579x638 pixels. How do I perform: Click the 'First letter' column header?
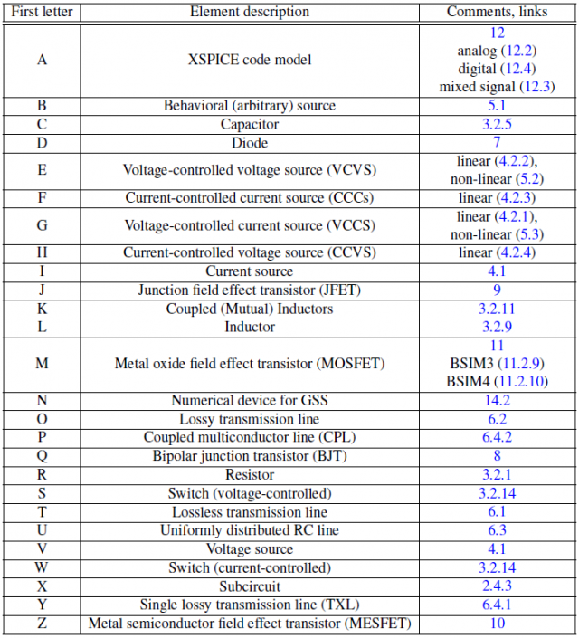(43, 12)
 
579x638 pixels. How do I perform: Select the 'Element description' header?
(250, 12)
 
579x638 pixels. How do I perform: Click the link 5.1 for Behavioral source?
(497, 106)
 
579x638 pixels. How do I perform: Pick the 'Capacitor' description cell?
(250, 124)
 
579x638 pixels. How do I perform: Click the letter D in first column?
(43, 143)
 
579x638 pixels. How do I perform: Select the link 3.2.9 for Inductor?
(497, 327)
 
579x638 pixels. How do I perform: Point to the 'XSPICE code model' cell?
(250, 60)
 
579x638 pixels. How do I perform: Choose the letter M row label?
(43, 364)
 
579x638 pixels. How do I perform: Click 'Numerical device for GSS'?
(250, 400)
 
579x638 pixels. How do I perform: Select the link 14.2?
(497, 400)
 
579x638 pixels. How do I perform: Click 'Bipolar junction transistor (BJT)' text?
(250, 456)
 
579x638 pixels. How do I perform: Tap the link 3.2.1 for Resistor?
(497, 474)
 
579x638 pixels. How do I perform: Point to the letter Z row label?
(43, 623)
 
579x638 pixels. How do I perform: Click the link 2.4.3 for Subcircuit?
(497, 586)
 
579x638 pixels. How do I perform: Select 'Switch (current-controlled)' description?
(250, 567)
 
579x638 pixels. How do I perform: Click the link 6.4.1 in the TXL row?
(497, 604)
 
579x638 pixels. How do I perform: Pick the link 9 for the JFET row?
(497, 290)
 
